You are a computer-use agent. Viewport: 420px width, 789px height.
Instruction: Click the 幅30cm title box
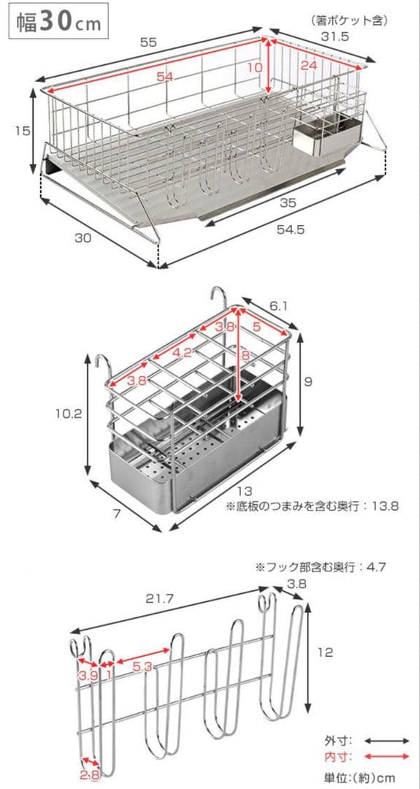pyautogui.click(x=58, y=21)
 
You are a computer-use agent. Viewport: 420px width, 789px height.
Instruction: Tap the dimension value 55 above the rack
pyautogui.click(x=148, y=43)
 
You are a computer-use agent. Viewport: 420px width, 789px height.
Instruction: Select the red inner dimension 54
pyautogui.click(x=164, y=77)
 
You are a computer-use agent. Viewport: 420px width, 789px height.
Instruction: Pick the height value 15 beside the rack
pyautogui.click(x=23, y=131)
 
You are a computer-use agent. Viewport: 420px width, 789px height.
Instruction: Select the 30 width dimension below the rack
pyautogui.click(x=83, y=238)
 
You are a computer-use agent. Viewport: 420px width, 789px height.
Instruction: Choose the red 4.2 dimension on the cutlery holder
pyautogui.click(x=182, y=353)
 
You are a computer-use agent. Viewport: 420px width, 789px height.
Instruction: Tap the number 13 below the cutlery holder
pyautogui.click(x=245, y=491)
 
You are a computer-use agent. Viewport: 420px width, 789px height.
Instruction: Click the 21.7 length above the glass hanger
pyautogui.click(x=160, y=599)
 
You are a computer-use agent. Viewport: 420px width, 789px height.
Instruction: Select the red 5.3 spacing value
pyautogui.click(x=143, y=667)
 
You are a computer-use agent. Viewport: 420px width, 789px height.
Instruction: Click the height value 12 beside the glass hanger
pyautogui.click(x=326, y=652)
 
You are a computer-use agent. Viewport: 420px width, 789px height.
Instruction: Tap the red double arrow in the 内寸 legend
pyautogui.click(x=386, y=756)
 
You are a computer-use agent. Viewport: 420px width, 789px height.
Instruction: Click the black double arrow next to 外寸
pyautogui.click(x=386, y=741)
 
